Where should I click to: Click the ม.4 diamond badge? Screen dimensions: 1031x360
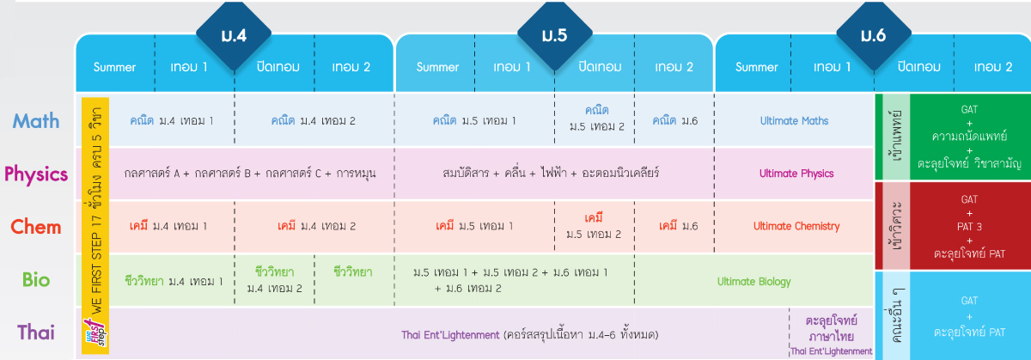[x=234, y=35]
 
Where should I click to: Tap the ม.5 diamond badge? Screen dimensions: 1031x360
[x=555, y=35]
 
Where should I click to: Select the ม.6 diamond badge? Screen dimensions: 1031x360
[x=874, y=35]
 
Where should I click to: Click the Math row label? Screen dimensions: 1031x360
[x=36, y=121]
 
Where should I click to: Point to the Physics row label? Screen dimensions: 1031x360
[x=36, y=174]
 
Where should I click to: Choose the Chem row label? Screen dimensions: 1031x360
[x=36, y=227]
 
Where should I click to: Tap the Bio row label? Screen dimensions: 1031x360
[x=36, y=279]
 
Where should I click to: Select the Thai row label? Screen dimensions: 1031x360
[x=36, y=333]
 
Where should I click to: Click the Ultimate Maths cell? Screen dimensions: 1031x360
[x=794, y=120]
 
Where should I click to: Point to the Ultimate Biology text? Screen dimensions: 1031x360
[x=754, y=281]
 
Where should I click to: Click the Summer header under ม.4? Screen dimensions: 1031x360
[x=114, y=67]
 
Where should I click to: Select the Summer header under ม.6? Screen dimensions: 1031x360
[x=756, y=67]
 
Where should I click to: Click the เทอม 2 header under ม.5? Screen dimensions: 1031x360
[x=674, y=67]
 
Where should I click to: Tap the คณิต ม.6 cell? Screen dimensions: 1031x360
[x=674, y=120]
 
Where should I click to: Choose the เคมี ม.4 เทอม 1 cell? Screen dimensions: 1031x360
[x=168, y=226]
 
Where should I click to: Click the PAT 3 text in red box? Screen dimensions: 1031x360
[x=969, y=227]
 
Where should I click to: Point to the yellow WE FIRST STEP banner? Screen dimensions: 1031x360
[x=95, y=226]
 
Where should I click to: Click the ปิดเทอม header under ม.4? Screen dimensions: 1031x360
[x=278, y=67]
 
